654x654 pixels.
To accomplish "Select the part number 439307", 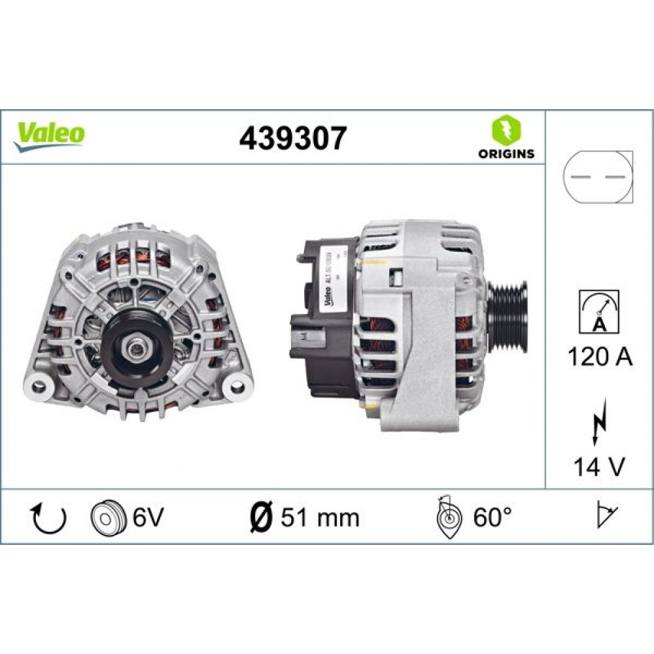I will tap(292, 138).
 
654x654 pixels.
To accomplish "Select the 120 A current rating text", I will tap(600, 357).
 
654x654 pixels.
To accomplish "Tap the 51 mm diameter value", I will tap(320, 517).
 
